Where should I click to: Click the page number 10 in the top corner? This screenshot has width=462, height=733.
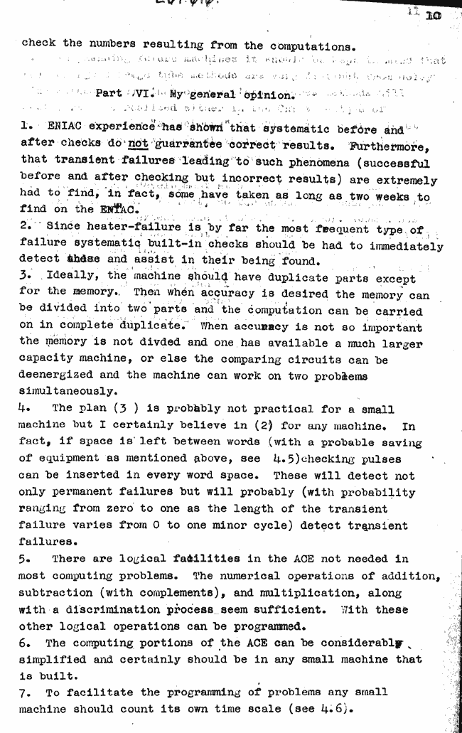coord(433,15)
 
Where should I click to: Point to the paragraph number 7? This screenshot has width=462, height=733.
coord(26,692)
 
